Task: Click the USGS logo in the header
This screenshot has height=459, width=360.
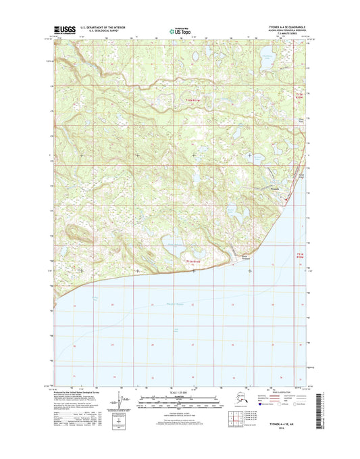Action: (x=63, y=29)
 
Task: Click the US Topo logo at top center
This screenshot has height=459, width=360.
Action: (x=179, y=30)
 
